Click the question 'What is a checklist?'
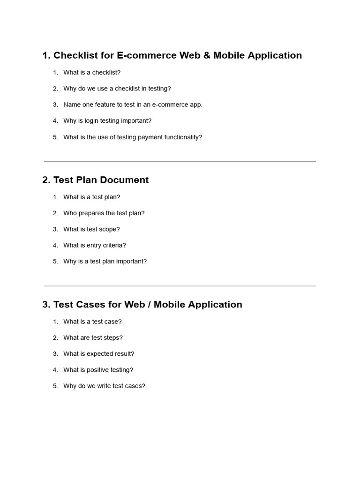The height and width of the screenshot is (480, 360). click(92, 73)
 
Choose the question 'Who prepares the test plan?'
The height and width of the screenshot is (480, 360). click(104, 213)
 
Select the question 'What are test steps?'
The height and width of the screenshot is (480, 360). click(93, 338)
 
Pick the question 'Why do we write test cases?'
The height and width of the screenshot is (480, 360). click(104, 386)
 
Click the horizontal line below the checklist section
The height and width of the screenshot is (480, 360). click(180, 161)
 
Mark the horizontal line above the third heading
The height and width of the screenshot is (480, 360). click(180, 286)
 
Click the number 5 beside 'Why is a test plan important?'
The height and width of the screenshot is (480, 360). click(55, 262)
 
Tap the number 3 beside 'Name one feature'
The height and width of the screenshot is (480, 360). click(55, 105)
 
